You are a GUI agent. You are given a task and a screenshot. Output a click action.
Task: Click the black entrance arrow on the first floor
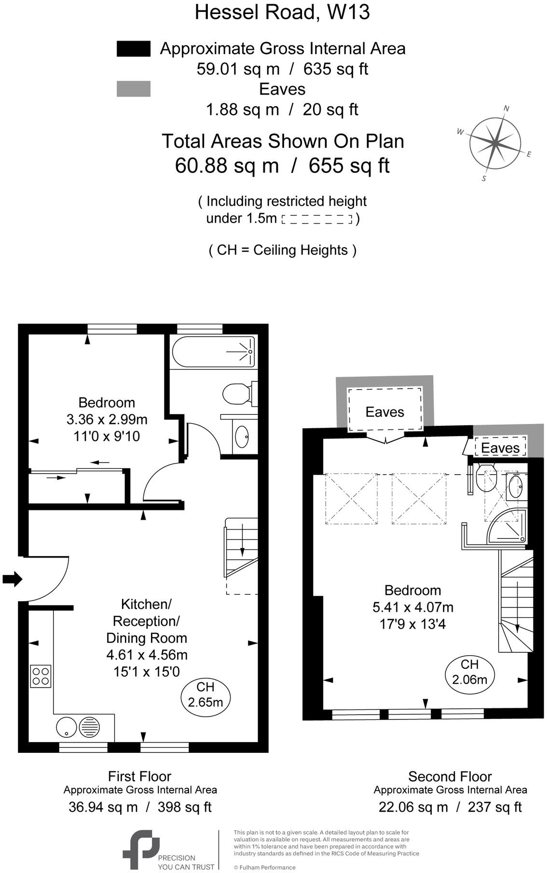tap(12, 578)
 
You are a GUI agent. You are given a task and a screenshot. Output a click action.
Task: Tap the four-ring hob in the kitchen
tap(41, 676)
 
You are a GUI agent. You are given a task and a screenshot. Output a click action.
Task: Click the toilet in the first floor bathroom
tap(236, 394)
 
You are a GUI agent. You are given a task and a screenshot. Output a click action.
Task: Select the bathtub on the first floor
tap(213, 352)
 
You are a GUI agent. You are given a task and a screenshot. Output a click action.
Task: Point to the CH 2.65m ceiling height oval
tap(205, 694)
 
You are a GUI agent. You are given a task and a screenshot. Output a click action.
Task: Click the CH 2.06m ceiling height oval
tap(469, 672)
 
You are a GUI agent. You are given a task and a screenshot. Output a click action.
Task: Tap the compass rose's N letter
tap(506, 108)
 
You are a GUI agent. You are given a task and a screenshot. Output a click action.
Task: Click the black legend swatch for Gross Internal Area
tap(134, 49)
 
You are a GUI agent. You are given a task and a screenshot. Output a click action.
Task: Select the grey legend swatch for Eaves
tap(134, 89)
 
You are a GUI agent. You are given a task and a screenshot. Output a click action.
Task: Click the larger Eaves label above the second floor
tap(384, 412)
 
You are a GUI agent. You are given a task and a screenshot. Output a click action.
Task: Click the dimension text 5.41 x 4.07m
tap(413, 607)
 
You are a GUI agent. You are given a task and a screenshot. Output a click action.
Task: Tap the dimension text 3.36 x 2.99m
tap(107, 419)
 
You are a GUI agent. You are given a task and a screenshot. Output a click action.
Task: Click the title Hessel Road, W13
tap(282, 12)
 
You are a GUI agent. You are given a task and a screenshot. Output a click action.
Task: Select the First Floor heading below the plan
tap(139, 776)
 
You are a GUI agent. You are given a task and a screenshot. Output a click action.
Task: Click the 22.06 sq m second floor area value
tap(413, 807)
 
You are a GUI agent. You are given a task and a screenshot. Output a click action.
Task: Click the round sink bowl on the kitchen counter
tap(66, 727)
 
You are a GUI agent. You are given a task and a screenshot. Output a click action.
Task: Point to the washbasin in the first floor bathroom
tap(242, 437)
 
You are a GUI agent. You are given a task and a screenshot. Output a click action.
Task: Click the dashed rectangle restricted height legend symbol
tap(317, 220)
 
